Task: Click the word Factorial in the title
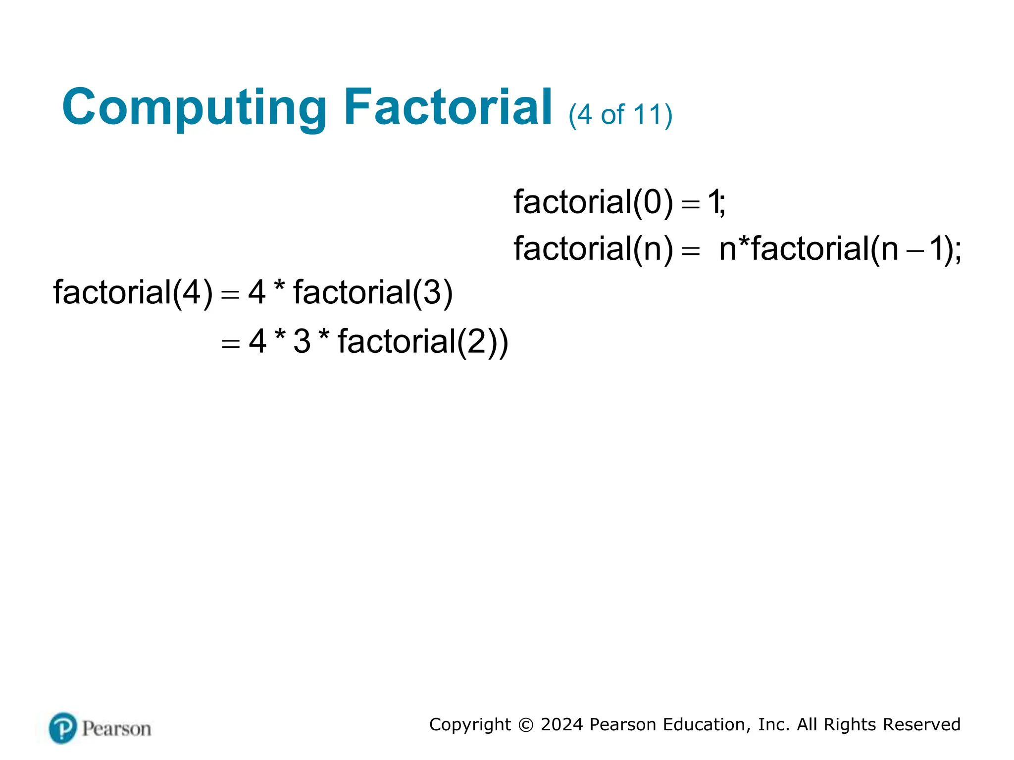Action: pyautogui.click(x=448, y=107)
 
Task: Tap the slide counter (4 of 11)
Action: pyautogui.click(x=620, y=115)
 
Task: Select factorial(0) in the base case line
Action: pyautogui.click(x=593, y=202)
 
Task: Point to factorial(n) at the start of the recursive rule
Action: pyautogui.click(x=593, y=249)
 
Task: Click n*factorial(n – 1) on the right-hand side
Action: pyautogui.click(x=839, y=249)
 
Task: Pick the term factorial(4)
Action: pyautogui.click(x=133, y=292)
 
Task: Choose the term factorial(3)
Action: pyautogui.click(x=373, y=292)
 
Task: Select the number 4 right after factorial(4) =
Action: pyautogui.click(x=257, y=292)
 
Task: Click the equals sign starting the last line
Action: pyautogui.click(x=230, y=343)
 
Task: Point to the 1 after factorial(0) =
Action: pyautogui.click(x=713, y=202)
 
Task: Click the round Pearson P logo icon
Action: pyautogui.click(x=63, y=728)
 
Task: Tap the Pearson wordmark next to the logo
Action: pyautogui.click(x=116, y=729)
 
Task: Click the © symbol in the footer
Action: pyautogui.click(x=525, y=725)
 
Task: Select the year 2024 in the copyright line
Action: pyautogui.click(x=561, y=724)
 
